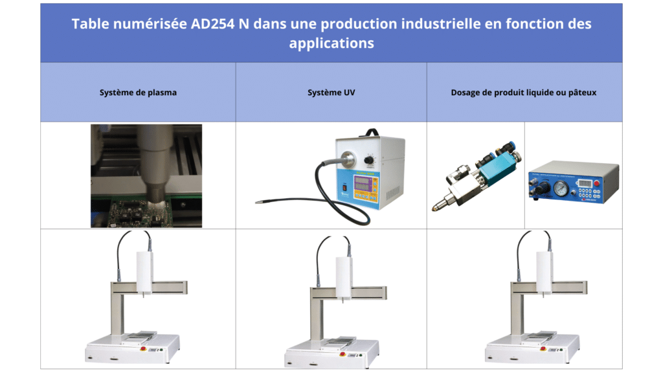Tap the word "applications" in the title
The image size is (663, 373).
pyautogui.click(x=331, y=43)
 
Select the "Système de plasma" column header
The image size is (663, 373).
pyautogui.click(x=138, y=93)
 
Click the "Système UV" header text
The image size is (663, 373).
pyautogui.click(x=331, y=93)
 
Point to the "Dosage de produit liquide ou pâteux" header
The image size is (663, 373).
pyautogui.click(x=524, y=93)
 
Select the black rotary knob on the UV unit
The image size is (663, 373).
pyautogui.click(x=368, y=159)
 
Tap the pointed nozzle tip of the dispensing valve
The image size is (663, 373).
pyautogui.click(x=434, y=209)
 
